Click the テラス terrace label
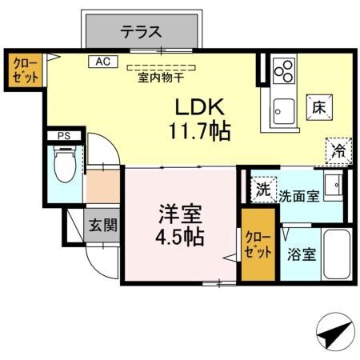(x=141, y=33)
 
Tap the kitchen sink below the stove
(x=283, y=107)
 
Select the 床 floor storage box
(x=317, y=106)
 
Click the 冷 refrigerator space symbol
(x=338, y=150)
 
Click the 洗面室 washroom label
(x=299, y=194)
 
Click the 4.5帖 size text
(x=179, y=237)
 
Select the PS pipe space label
(x=63, y=137)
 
